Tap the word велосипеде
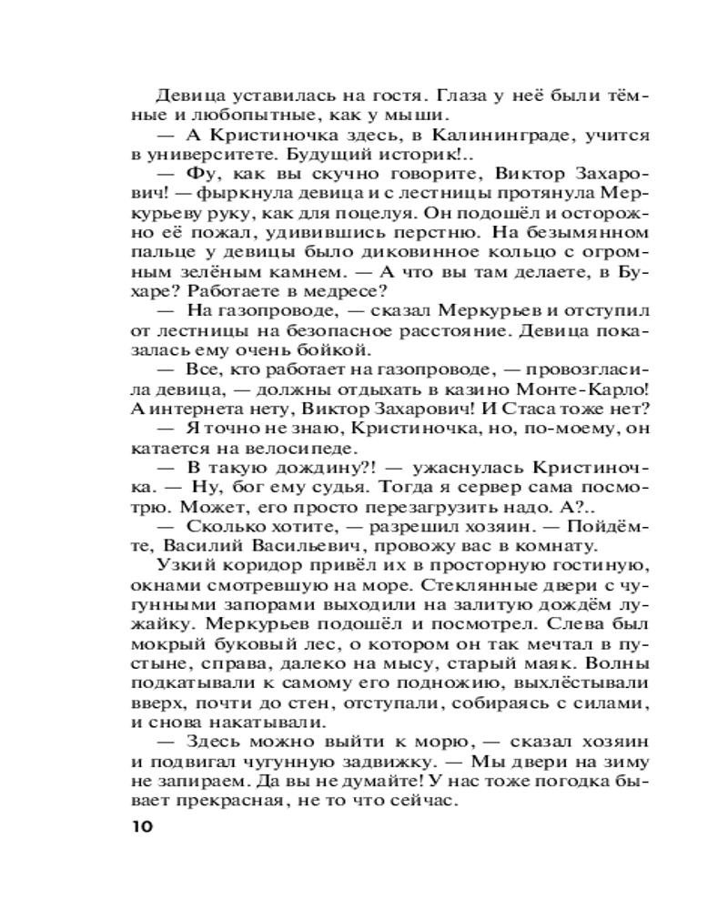pos(304,449)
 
